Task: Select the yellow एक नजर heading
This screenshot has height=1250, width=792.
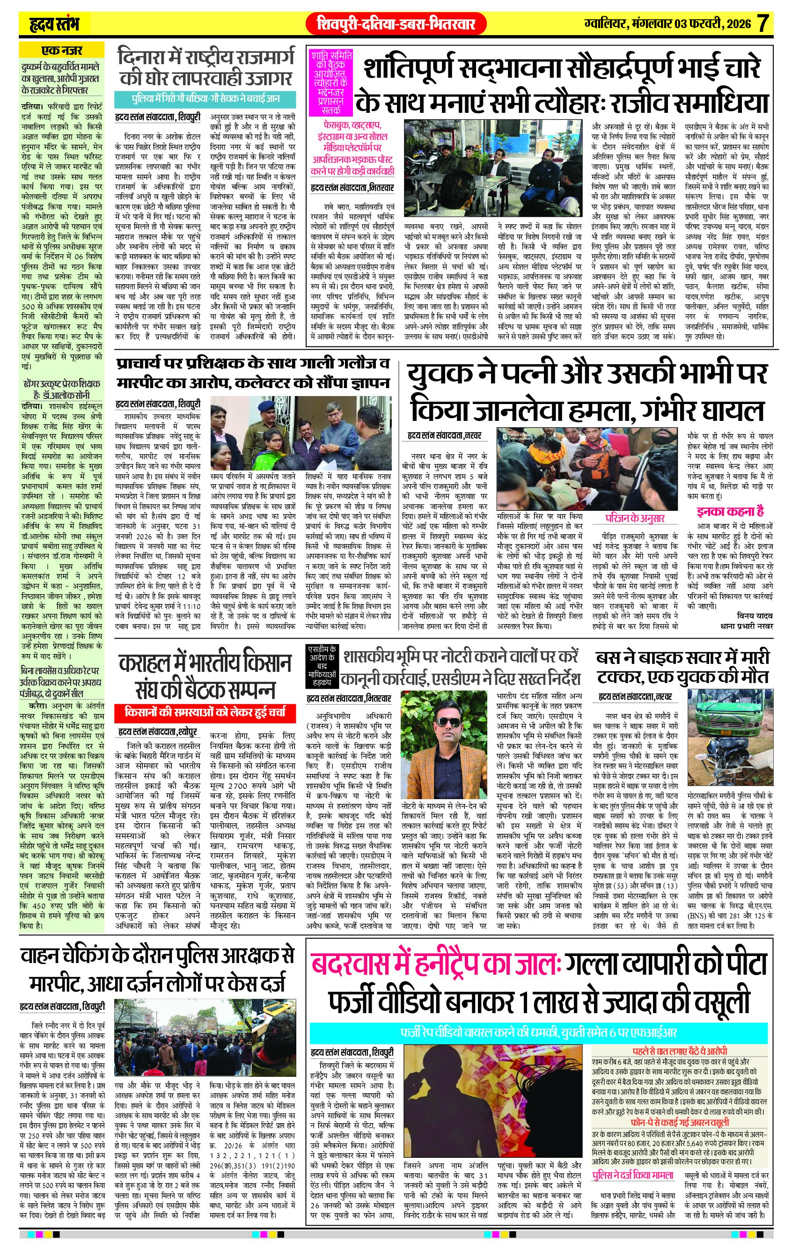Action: click(62, 51)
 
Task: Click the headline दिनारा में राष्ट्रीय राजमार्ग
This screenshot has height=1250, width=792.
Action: click(205, 67)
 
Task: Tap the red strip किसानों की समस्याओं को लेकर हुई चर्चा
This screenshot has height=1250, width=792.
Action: click(205, 712)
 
